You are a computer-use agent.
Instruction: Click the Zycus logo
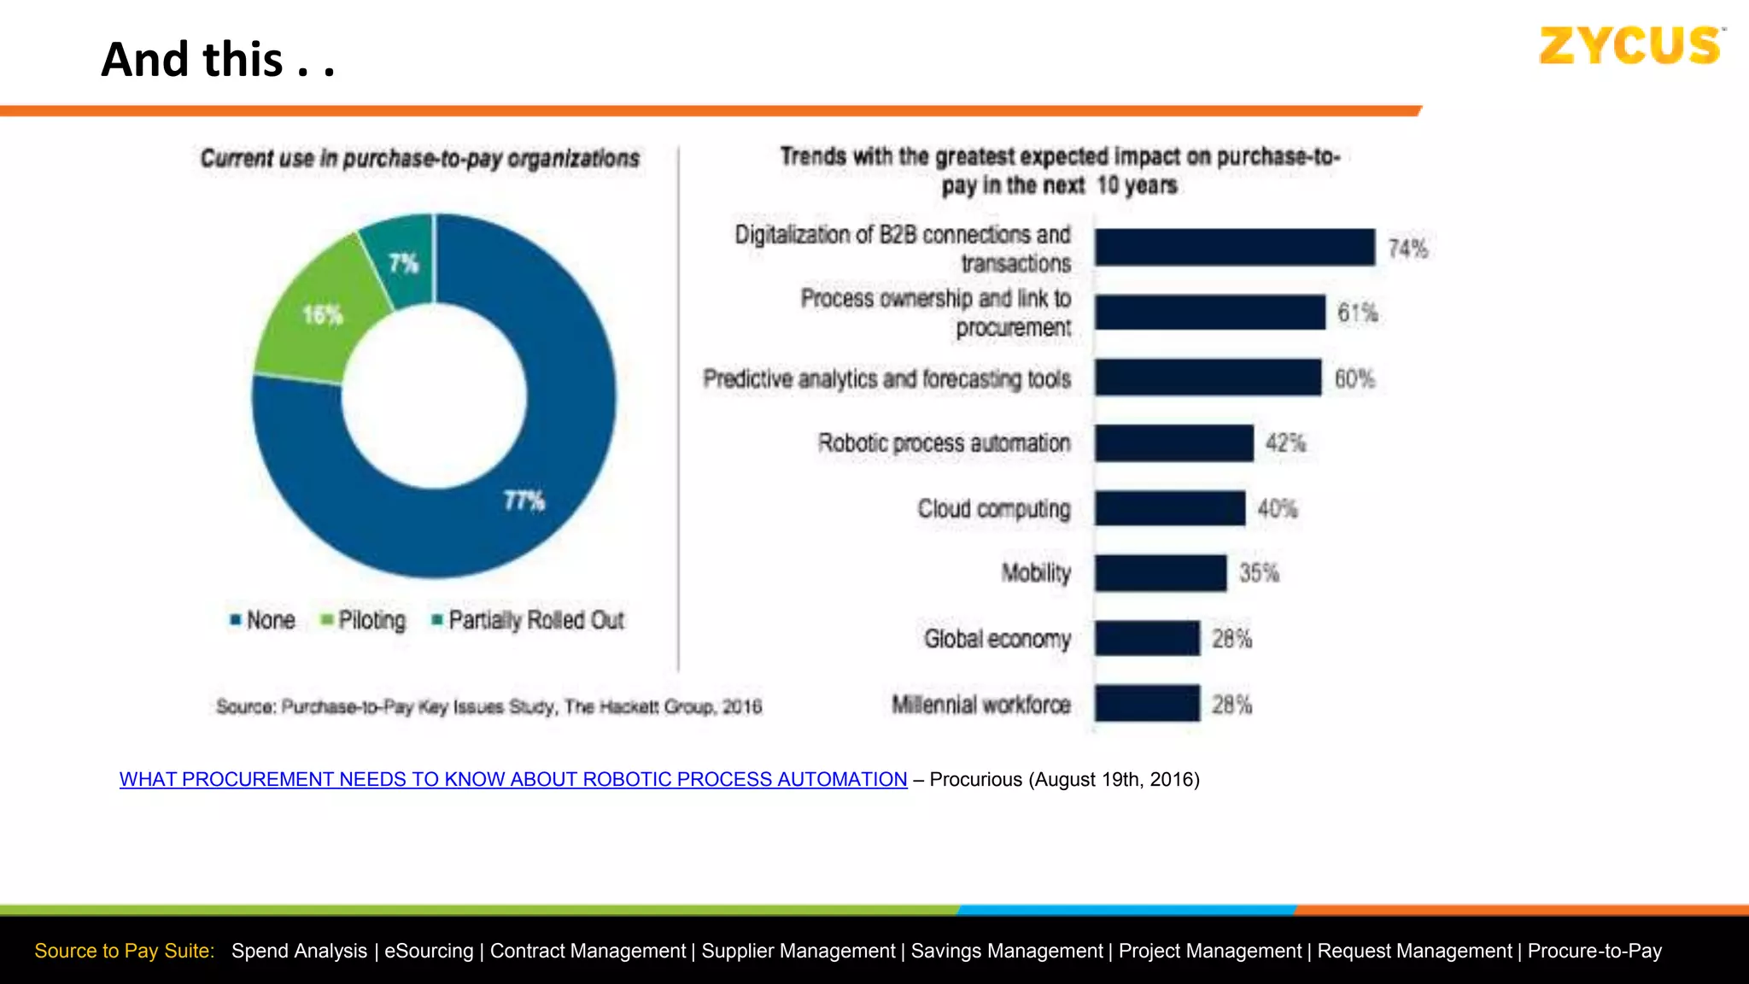(x=1631, y=46)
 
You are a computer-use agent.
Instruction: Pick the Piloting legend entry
(x=363, y=620)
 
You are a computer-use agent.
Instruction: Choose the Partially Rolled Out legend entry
(x=529, y=620)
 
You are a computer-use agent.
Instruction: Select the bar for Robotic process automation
(x=1174, y=443)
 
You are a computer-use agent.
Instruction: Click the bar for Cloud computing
(x=1170, y=509)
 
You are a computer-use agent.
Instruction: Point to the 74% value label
(x=1407, y=249)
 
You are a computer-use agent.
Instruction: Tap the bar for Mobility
(x=1161, y=573)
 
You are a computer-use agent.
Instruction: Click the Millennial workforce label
(x=980, y=705)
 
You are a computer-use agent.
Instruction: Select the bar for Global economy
(x=1147, y=638)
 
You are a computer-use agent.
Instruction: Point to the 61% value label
(x=1357, y=313)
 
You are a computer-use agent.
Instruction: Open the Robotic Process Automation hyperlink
(x=512, y=779)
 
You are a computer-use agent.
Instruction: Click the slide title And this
(x=218, y=60)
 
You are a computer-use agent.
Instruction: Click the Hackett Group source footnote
(x=488, y=706)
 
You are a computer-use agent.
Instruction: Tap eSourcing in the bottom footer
(x=428, y=951)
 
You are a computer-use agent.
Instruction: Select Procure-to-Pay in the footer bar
(x=1594, y=951)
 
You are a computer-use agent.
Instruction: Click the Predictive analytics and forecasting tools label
(x=886, y=378)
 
